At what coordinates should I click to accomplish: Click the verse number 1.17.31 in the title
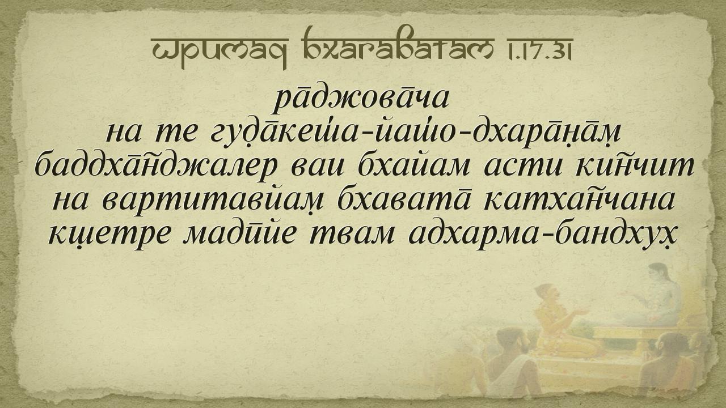536,49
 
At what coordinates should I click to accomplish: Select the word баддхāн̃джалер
156,167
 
